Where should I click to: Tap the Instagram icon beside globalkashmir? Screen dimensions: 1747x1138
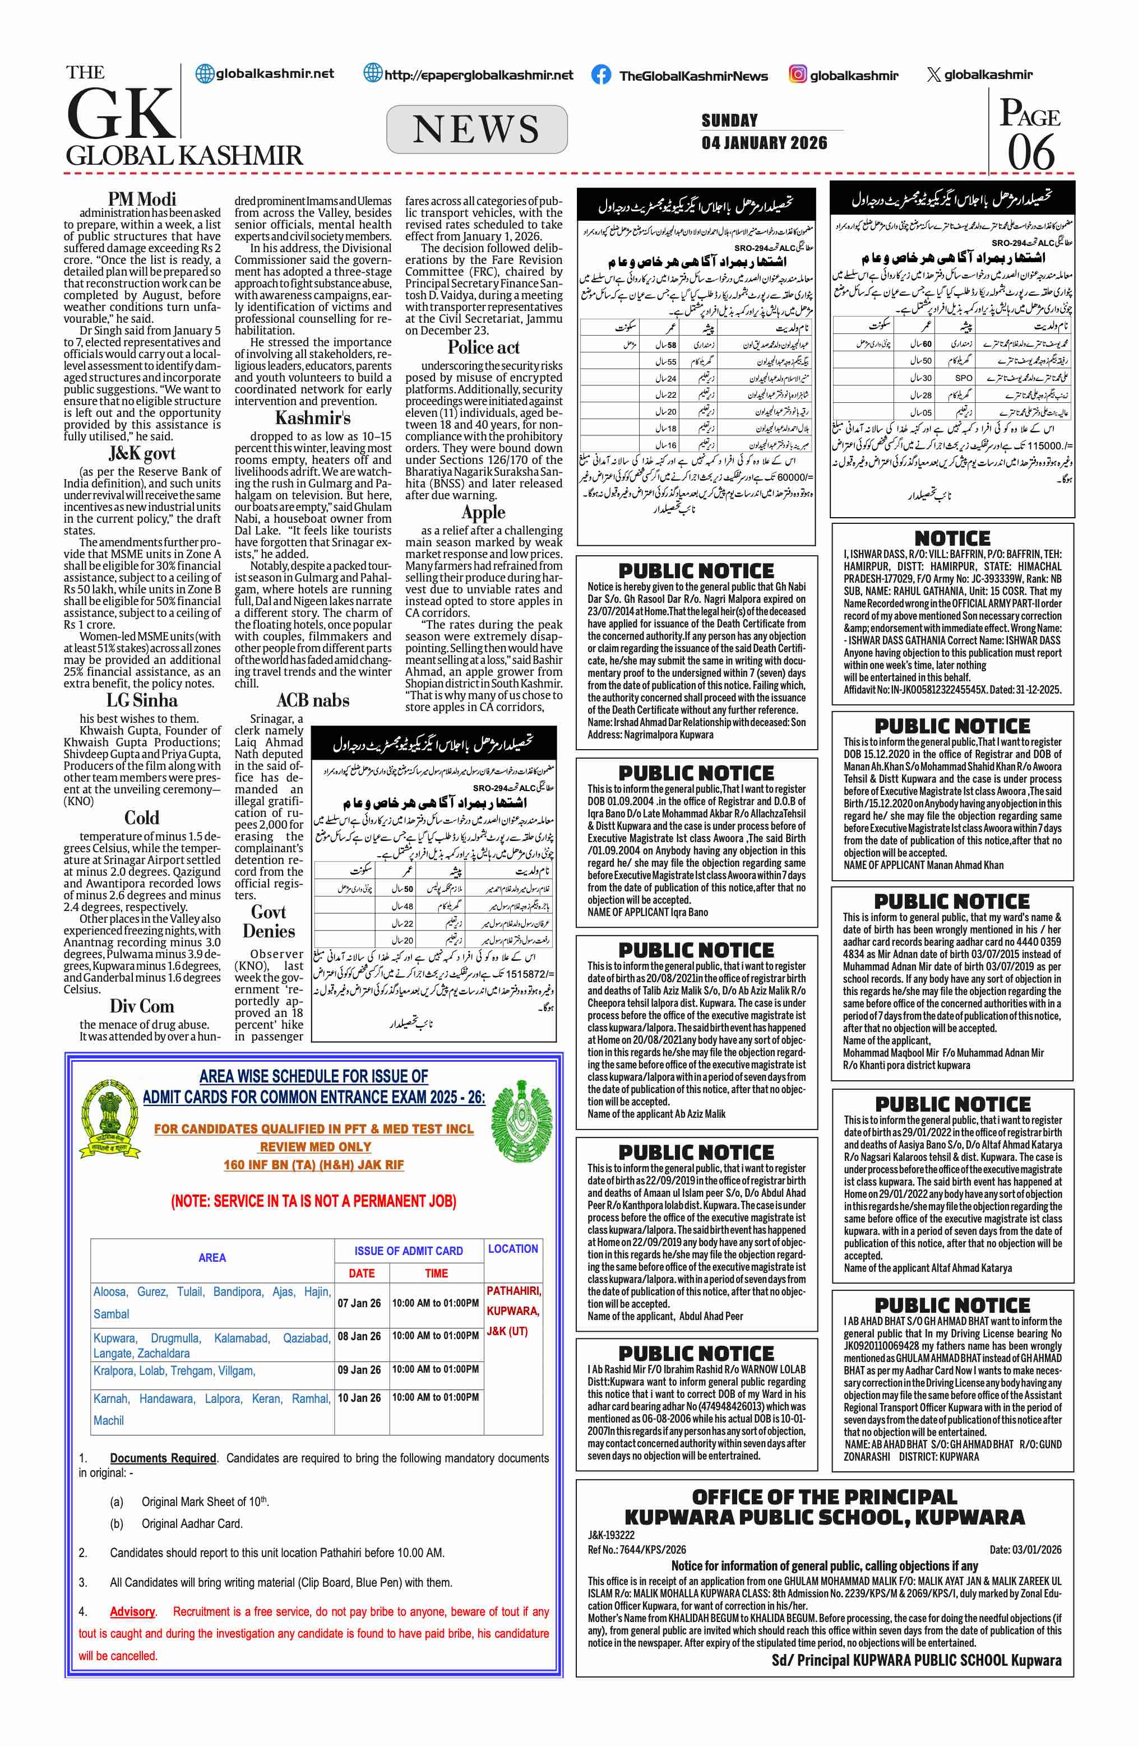click(797, 74)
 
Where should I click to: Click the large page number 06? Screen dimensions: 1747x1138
click(1031, 152)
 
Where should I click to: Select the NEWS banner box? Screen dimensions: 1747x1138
click(477, 129)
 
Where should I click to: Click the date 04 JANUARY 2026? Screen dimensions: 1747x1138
click(764, 142)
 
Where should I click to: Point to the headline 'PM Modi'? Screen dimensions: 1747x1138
click(142, 199)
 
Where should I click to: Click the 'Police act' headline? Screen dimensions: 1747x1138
click(484, 347)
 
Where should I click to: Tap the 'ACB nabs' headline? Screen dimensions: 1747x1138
click(313, 700)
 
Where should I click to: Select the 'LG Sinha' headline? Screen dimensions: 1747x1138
click(142, 700)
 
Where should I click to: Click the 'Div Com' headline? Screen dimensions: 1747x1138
click(142, 1006)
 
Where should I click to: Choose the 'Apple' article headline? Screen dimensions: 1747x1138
click(484, 512)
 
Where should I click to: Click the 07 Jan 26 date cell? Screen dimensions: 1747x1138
click(360, 1303)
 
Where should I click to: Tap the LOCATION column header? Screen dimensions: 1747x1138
click(513, 1248)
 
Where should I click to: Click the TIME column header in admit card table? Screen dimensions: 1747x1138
click(436, 1274)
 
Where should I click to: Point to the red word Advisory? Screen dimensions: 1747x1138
click(133, 1611)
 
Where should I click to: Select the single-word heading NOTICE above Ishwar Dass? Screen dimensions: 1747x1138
click(952, 538)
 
